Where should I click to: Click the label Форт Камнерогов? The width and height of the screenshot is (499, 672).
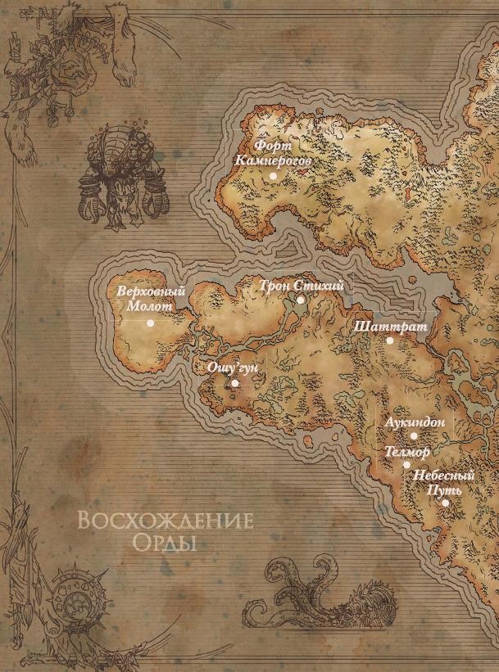pyautogui.click(x=272, y=153)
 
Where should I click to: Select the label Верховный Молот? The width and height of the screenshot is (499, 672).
pyautogui.click(x=151, y=298)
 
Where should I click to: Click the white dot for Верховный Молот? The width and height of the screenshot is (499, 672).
pyautogui.click(x=151, y=322)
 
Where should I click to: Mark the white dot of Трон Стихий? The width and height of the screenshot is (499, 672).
pyautogui.click(x=300, y=300)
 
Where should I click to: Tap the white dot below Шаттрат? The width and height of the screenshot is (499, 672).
pyautogui.click(x=389, y=340)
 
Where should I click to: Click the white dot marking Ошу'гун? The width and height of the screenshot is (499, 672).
pyautogui.click(x=234, y=382)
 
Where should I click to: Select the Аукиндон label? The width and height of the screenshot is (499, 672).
pyautogui.click(x=415, y=422)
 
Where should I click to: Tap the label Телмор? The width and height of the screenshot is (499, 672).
pyautogui.click(x=401, y=451)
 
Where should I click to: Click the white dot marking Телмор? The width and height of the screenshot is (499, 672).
pyautogui.click(x=406, y=464)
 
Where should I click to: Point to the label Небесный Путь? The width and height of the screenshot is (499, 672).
pyautogui.click(x=444, y=482)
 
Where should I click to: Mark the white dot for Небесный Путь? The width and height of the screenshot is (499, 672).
pyautogui.click(x=445, y=503)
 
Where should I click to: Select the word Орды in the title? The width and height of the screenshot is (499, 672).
pyautogui.click(x=164, y=543)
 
